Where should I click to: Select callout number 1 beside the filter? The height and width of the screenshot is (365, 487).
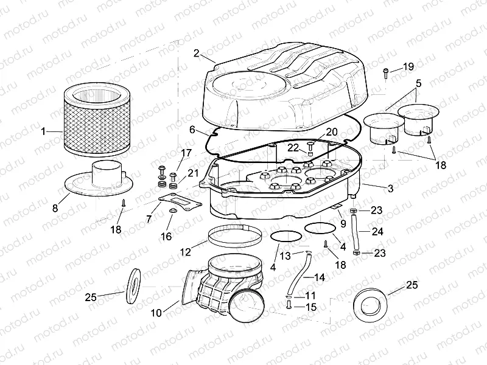[43, 131]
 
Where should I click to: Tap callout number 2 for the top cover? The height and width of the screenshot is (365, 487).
[196, 53]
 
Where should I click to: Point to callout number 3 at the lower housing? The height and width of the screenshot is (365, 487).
[390, 189]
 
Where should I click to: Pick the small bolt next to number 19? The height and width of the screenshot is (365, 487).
[386, 72]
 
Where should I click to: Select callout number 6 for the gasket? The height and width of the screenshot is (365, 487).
[192, 130]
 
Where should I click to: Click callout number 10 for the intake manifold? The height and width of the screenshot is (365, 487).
[156, 313]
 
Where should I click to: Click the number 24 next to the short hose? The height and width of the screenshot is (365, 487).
[377, 231]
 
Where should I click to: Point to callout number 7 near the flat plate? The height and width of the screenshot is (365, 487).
[150, 218]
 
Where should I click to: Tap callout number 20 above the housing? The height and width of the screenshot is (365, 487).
[331, 131]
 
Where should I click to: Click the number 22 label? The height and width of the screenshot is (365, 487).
[293, 148]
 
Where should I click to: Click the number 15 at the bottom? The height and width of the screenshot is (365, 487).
[310, 307]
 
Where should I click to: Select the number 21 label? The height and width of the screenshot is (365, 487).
[193, 173]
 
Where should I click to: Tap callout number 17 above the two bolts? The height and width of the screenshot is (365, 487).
[169, 153]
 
